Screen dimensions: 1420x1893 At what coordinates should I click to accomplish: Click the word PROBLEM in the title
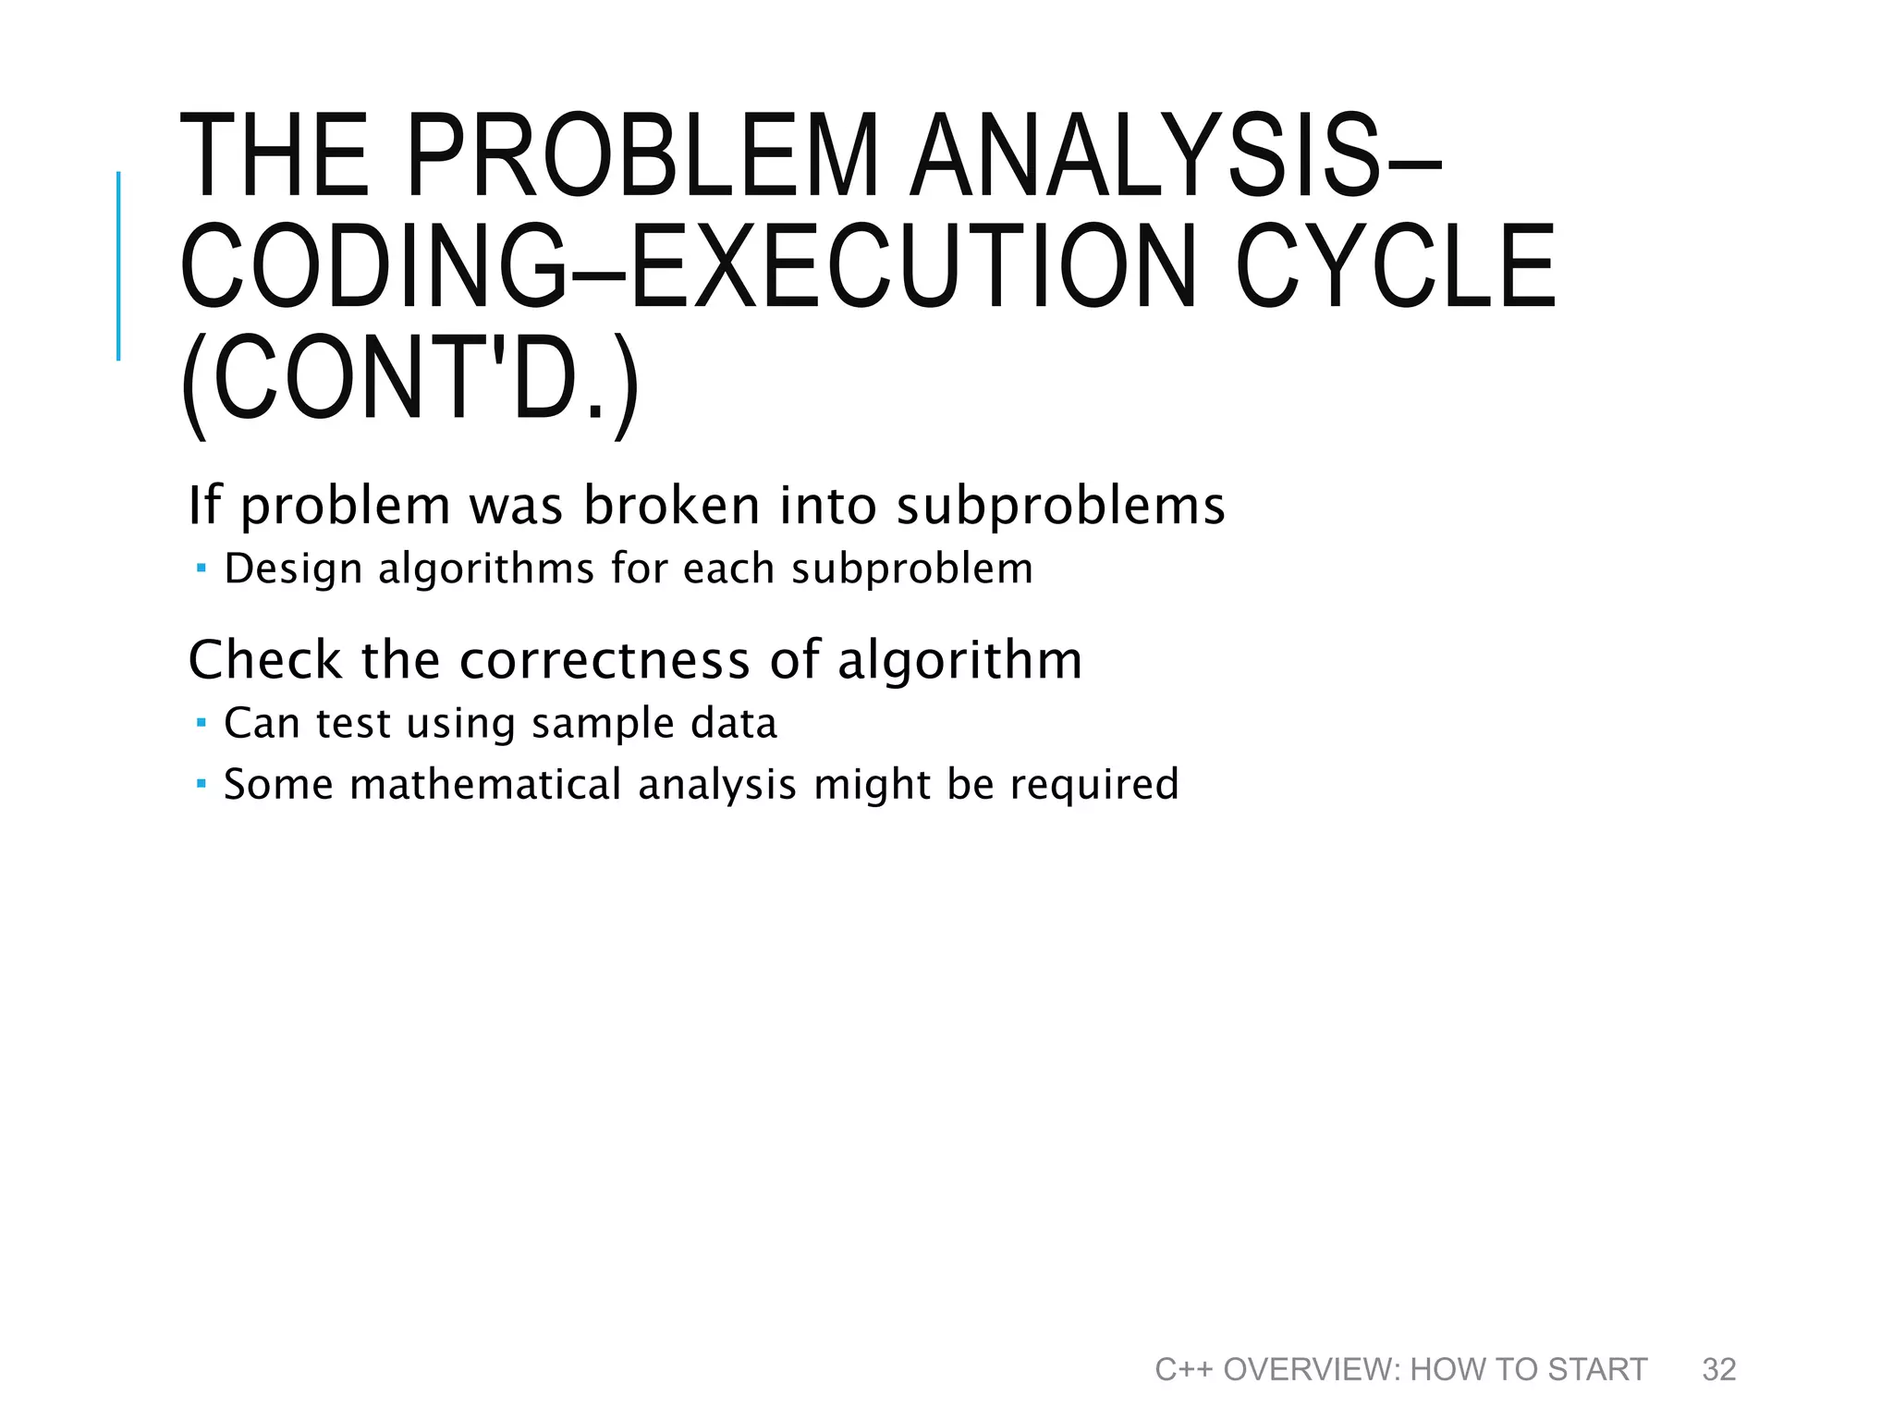pos(642,155)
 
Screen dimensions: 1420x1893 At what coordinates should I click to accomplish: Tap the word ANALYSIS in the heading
pos(1146,155)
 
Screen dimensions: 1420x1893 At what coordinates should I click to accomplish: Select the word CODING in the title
pos(374,268)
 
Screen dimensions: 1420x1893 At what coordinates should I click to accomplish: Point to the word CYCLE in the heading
pos(1396,268)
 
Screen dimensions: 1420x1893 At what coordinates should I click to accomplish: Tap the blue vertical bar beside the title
pos(118,265)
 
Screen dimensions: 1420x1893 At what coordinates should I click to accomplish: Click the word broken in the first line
pos(671,506)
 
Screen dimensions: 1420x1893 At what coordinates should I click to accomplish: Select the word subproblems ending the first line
pos(1060,508)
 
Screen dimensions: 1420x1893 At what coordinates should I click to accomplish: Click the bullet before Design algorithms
pos(202,567)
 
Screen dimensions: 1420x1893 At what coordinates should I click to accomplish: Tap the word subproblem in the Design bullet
pos(912,569)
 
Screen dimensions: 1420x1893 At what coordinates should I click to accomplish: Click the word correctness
pos(605,660)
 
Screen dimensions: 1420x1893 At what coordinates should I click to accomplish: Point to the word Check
pos(264,660)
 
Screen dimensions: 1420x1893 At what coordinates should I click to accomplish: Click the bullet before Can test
pos(202,721)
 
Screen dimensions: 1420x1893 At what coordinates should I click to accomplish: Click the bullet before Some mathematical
pos(202,783)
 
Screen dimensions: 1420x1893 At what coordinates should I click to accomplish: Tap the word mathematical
pos(485,784)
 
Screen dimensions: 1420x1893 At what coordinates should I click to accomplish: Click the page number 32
pos(1718,1369)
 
